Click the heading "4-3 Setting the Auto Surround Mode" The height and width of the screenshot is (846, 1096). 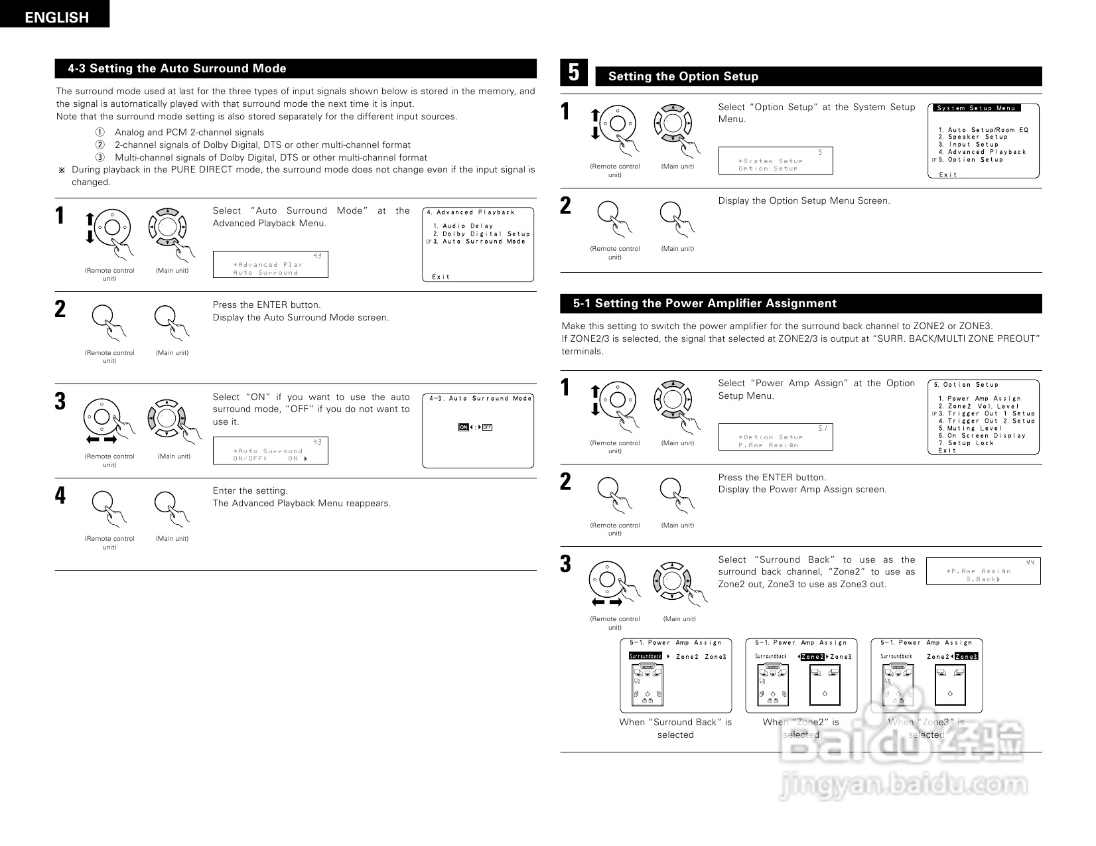(x=177, y=68)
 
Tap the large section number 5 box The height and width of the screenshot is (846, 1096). (x=574, y=72)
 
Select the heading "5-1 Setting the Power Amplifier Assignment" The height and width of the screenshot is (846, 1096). (x=705, y=303)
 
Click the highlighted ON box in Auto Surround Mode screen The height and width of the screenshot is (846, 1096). (x=463, y=427)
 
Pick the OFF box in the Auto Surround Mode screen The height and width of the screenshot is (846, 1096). (x=487, y=427)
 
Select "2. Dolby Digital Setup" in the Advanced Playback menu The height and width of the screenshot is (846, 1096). (x=481, y=234)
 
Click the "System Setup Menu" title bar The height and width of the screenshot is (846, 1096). (x=976, y=108)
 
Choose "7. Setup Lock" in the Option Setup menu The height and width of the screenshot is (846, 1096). (x=969, y=443)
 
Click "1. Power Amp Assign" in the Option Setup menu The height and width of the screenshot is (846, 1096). (x=979, y=399)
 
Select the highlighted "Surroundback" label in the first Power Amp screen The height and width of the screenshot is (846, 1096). (x=645, y=656)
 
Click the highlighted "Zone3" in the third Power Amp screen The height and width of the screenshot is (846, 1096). (x=966, y=657)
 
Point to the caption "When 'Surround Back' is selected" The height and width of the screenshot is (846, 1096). (x=675, y=728)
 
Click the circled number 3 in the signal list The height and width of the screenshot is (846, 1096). (x=100, y=157)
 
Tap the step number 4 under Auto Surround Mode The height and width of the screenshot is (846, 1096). (x=60, y=495)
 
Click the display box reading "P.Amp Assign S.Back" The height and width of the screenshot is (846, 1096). (x=983, y=571)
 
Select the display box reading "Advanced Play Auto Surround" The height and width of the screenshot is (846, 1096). (x=270, y=264)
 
